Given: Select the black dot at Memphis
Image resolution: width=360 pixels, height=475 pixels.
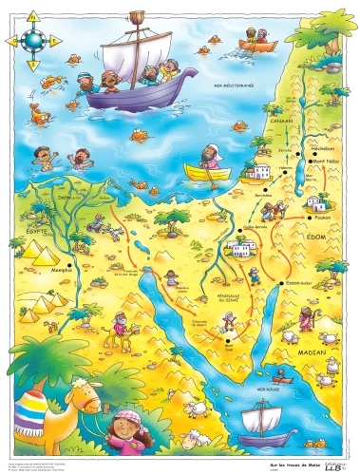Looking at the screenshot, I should (72, 261).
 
